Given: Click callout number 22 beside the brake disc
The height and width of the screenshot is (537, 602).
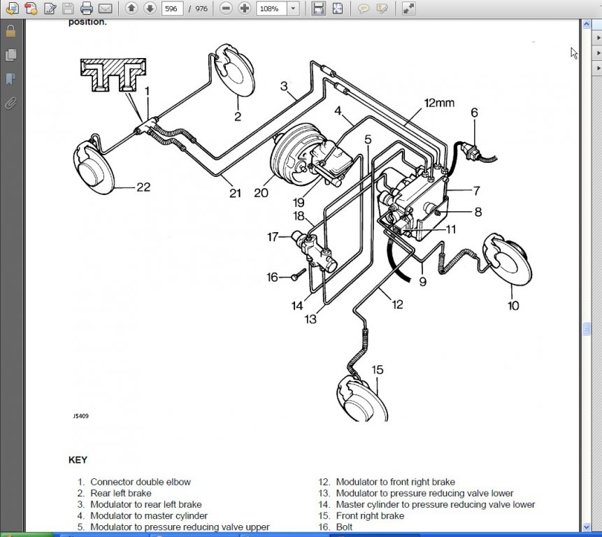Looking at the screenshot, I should point(144,187).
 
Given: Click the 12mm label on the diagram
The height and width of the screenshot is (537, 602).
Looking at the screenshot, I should point(439,103).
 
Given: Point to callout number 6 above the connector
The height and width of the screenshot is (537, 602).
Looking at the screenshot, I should point(474,112).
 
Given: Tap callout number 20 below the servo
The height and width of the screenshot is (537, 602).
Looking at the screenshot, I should point(261,192).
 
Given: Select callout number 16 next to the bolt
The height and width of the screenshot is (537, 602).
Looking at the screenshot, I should point(272,278).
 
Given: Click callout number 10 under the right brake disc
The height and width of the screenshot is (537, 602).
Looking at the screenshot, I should point(513,306).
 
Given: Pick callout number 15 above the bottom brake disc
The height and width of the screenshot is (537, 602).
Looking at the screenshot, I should point(377,369).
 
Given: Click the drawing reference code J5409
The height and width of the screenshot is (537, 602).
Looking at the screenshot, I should point(80,416).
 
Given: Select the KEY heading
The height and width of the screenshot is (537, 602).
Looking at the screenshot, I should point(78,460).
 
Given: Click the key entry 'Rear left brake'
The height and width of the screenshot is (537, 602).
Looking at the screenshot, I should point(121,493).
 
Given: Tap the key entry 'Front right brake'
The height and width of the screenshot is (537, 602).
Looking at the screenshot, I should point(370,515).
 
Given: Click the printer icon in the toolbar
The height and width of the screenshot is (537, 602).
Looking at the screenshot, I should point(87,8).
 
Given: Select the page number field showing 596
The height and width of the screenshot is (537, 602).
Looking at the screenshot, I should point(172,8).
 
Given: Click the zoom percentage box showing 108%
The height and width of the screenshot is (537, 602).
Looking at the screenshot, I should point(271,8).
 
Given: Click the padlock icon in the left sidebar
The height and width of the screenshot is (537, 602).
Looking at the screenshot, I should point(10,31).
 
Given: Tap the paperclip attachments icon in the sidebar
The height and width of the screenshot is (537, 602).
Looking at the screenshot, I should point(10,103).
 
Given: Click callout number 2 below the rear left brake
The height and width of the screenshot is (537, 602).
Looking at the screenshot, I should point(238,117).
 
